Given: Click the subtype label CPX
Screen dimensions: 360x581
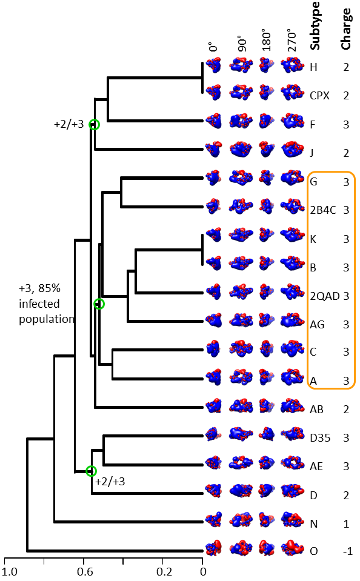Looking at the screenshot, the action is (x=319, y=96).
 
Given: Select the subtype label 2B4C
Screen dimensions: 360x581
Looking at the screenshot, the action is (x=323, y=210).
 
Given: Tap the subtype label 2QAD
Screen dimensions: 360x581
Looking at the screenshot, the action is (x=324, y=296).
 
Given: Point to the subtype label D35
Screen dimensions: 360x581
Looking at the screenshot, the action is (x=320, y=438).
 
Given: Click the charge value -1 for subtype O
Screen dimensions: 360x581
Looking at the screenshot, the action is (x=347, y=551).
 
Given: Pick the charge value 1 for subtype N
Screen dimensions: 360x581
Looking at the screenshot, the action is (x=346, y=524).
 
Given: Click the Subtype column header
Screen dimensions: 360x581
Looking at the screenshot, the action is (x=315, y=25).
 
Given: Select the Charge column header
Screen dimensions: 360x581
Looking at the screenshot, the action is (x=346, y=28).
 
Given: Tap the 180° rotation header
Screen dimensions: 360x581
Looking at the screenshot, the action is (x=266, y=39).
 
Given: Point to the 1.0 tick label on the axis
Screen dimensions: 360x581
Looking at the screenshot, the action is (x=10, y=571).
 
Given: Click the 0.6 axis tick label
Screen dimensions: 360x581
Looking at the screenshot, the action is (x=85, y=571).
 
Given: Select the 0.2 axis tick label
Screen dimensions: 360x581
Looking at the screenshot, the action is (x=164, y=571).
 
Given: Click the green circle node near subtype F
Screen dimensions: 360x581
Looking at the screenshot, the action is (x=95, y=125).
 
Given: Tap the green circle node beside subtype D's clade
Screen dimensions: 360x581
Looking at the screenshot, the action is (x=91, y=471).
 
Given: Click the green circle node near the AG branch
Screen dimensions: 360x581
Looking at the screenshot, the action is (x=99, y=304).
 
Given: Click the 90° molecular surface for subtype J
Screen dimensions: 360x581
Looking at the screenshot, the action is (x=241, y=149).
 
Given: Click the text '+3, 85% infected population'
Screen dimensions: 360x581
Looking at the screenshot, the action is (x=47, y=304).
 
